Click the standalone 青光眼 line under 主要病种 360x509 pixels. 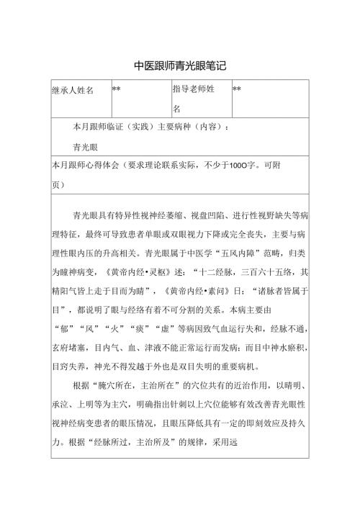coord(86,145)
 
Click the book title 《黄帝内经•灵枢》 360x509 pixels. coord(140,272)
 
